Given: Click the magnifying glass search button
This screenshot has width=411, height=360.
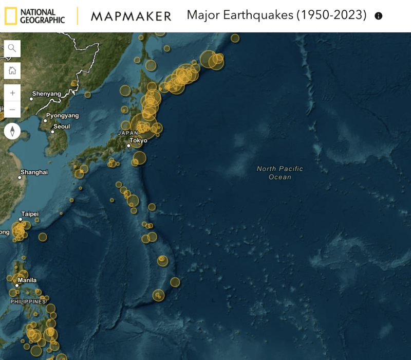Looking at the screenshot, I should (12, 48).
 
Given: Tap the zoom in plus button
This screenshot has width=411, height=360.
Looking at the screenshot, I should (12, 93).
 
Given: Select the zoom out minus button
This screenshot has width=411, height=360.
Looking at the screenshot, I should (12, 109).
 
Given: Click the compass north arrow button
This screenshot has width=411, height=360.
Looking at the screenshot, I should (12, 131).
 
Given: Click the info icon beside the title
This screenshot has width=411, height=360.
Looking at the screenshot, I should (379, 16).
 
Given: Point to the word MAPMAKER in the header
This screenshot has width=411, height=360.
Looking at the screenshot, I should (131, 16).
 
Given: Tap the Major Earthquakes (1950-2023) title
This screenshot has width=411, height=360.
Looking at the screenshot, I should (276, 15).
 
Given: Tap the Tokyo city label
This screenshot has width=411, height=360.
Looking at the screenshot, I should (138, 140).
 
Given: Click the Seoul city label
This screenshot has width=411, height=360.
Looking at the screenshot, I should (62, 127).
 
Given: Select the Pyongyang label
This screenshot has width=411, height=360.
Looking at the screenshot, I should (63, 116).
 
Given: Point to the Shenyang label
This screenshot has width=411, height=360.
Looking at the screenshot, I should (46, 94).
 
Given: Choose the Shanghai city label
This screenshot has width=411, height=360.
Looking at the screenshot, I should (34, 172).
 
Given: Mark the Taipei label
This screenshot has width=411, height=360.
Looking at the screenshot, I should (30, 214).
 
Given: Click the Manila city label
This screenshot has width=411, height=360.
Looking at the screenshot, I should (27, 281).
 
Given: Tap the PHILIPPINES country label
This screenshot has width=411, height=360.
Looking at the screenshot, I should (28, 301).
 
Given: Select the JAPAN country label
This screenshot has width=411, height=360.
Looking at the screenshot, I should (128, 133).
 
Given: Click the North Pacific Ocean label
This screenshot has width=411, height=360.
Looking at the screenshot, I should (280, 173).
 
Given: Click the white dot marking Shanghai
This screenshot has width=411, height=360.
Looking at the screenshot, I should (20, 178).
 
